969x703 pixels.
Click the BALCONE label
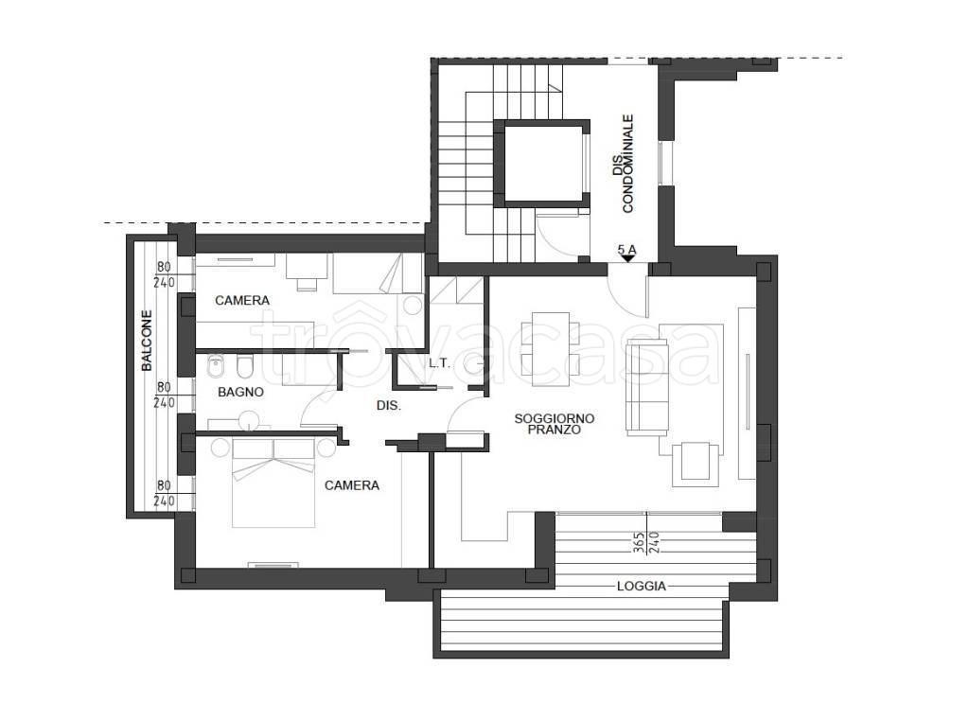coord(147,341)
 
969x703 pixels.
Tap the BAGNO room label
coord(241,392)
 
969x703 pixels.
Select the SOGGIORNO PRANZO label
coord(555,424)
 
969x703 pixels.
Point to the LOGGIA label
coord(642,587)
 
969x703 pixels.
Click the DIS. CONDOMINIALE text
coord(623,163)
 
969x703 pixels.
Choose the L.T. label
coord(439,364)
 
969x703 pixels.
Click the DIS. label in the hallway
coord(389,406)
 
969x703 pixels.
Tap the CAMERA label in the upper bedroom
coord(242,300)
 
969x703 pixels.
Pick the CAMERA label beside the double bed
coord(352,485)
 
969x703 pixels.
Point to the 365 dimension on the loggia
coord(640,542)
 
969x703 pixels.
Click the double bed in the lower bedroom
coord(273,483)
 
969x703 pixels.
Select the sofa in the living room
coord(647,387)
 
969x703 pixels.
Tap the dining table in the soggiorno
coord(551,348)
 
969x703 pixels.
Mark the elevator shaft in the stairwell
coord(542,164)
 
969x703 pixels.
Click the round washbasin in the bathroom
coord(250,420)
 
